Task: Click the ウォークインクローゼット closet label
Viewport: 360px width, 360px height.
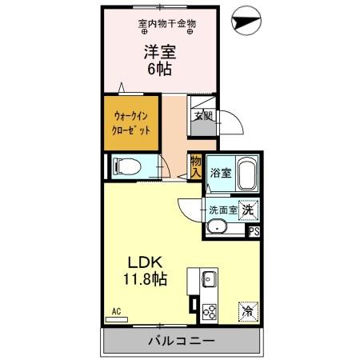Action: point(129,122)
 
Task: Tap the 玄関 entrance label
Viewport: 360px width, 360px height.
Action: point(202,114)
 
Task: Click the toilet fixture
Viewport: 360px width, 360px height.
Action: point(127,167)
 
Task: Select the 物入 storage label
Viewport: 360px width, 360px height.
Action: point(196,166)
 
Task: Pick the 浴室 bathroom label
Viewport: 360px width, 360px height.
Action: point(220,171)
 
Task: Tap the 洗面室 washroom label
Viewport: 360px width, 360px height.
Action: point(223,210)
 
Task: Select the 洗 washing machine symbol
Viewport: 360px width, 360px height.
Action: point(249,209)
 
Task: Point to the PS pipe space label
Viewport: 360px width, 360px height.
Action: point(254,232)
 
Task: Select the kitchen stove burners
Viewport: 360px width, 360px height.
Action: point(210,310)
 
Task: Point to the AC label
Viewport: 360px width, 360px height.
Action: point(116,311)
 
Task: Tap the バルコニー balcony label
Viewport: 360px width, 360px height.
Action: point(181,341)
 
